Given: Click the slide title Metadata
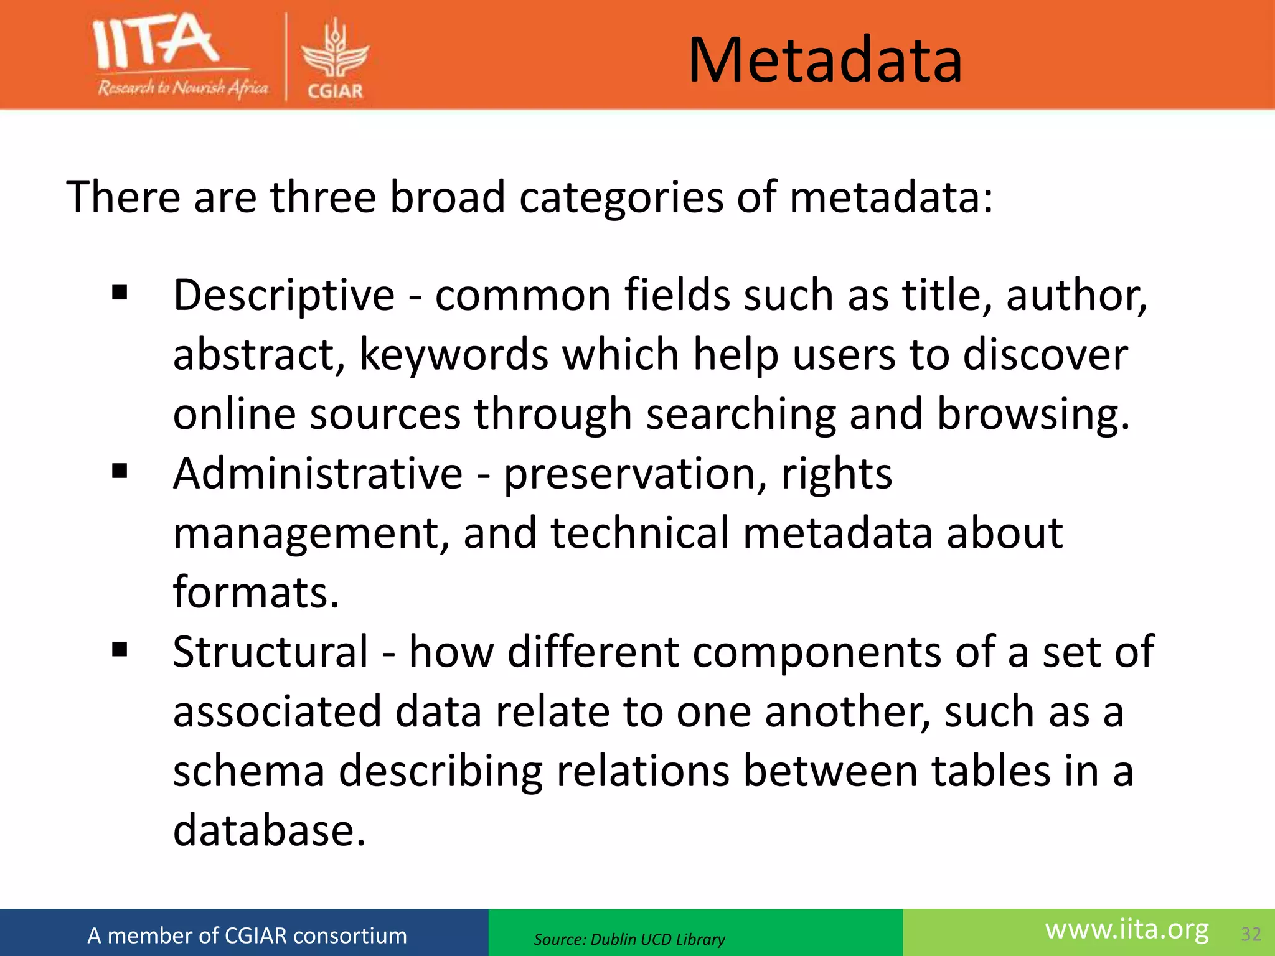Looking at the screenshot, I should pyautogui.click(x=825, y=60).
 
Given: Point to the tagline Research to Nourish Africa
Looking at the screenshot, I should pyautogui.click(x=182, y=88).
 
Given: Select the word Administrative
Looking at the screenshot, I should pyautogui.click(x=318, y=474).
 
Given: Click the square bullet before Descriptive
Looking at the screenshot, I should pyautogui.click(x=120, y=293).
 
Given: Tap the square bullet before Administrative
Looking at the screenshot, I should pyautogui.click(x=120, y=471).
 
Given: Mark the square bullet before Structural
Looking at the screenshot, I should pyautogui.click(x=120, y=650).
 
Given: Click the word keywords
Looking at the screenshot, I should pyautogui.click(x=454, y=355).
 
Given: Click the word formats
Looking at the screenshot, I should pyautogui.click(x=256, y=593).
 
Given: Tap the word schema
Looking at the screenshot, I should pyautogui.click(x=248, y=771).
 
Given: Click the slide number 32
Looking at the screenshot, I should pyautogui.click(x=1251, y=934).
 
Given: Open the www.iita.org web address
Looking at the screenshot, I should pyautogui.click(x=1127, y=930).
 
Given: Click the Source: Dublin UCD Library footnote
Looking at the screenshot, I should pyautogui.click(x=629, y=939).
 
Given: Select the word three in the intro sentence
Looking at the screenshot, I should pyautogui.click(x=322, y=197).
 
